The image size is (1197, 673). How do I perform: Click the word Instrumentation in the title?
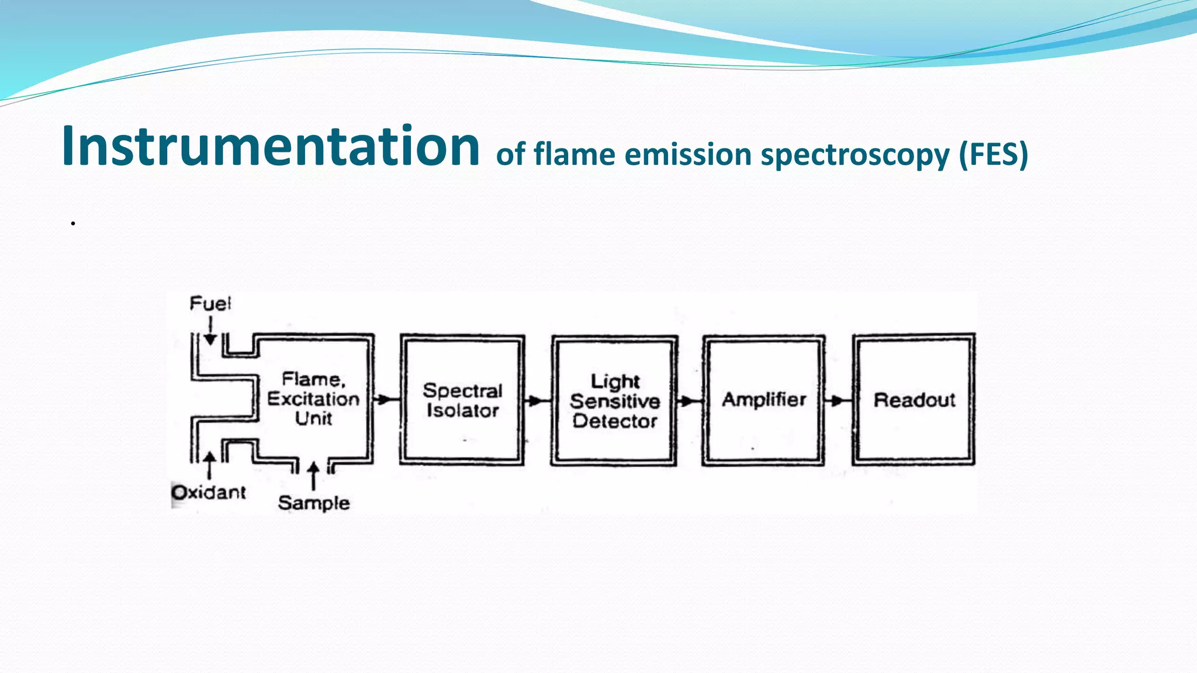coord(270,146)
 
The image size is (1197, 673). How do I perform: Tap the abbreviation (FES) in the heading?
coord(993,155)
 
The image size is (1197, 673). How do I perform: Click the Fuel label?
coord(210,304)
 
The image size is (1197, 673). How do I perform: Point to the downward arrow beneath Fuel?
coord(210,332)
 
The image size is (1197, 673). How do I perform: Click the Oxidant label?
coord(209,492)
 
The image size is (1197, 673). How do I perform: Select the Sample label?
coord(314,503)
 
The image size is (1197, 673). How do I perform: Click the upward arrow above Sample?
coord(314,475)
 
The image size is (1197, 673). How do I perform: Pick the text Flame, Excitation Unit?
coord(314,399)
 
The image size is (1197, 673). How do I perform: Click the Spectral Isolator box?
coord(462,400)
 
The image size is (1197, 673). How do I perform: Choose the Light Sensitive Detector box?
coord(614,401)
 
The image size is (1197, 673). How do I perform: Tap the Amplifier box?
coord(763,400)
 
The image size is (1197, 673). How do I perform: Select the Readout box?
coord(914,400)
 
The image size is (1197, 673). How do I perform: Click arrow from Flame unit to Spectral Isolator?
coord(385,400)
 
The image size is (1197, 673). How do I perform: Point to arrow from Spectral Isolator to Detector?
coord(537,401)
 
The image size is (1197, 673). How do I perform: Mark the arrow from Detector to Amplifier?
coord(689,401)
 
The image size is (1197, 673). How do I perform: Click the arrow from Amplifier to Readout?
coord(838,400)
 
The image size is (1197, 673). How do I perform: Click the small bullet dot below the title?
coord(73,223)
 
